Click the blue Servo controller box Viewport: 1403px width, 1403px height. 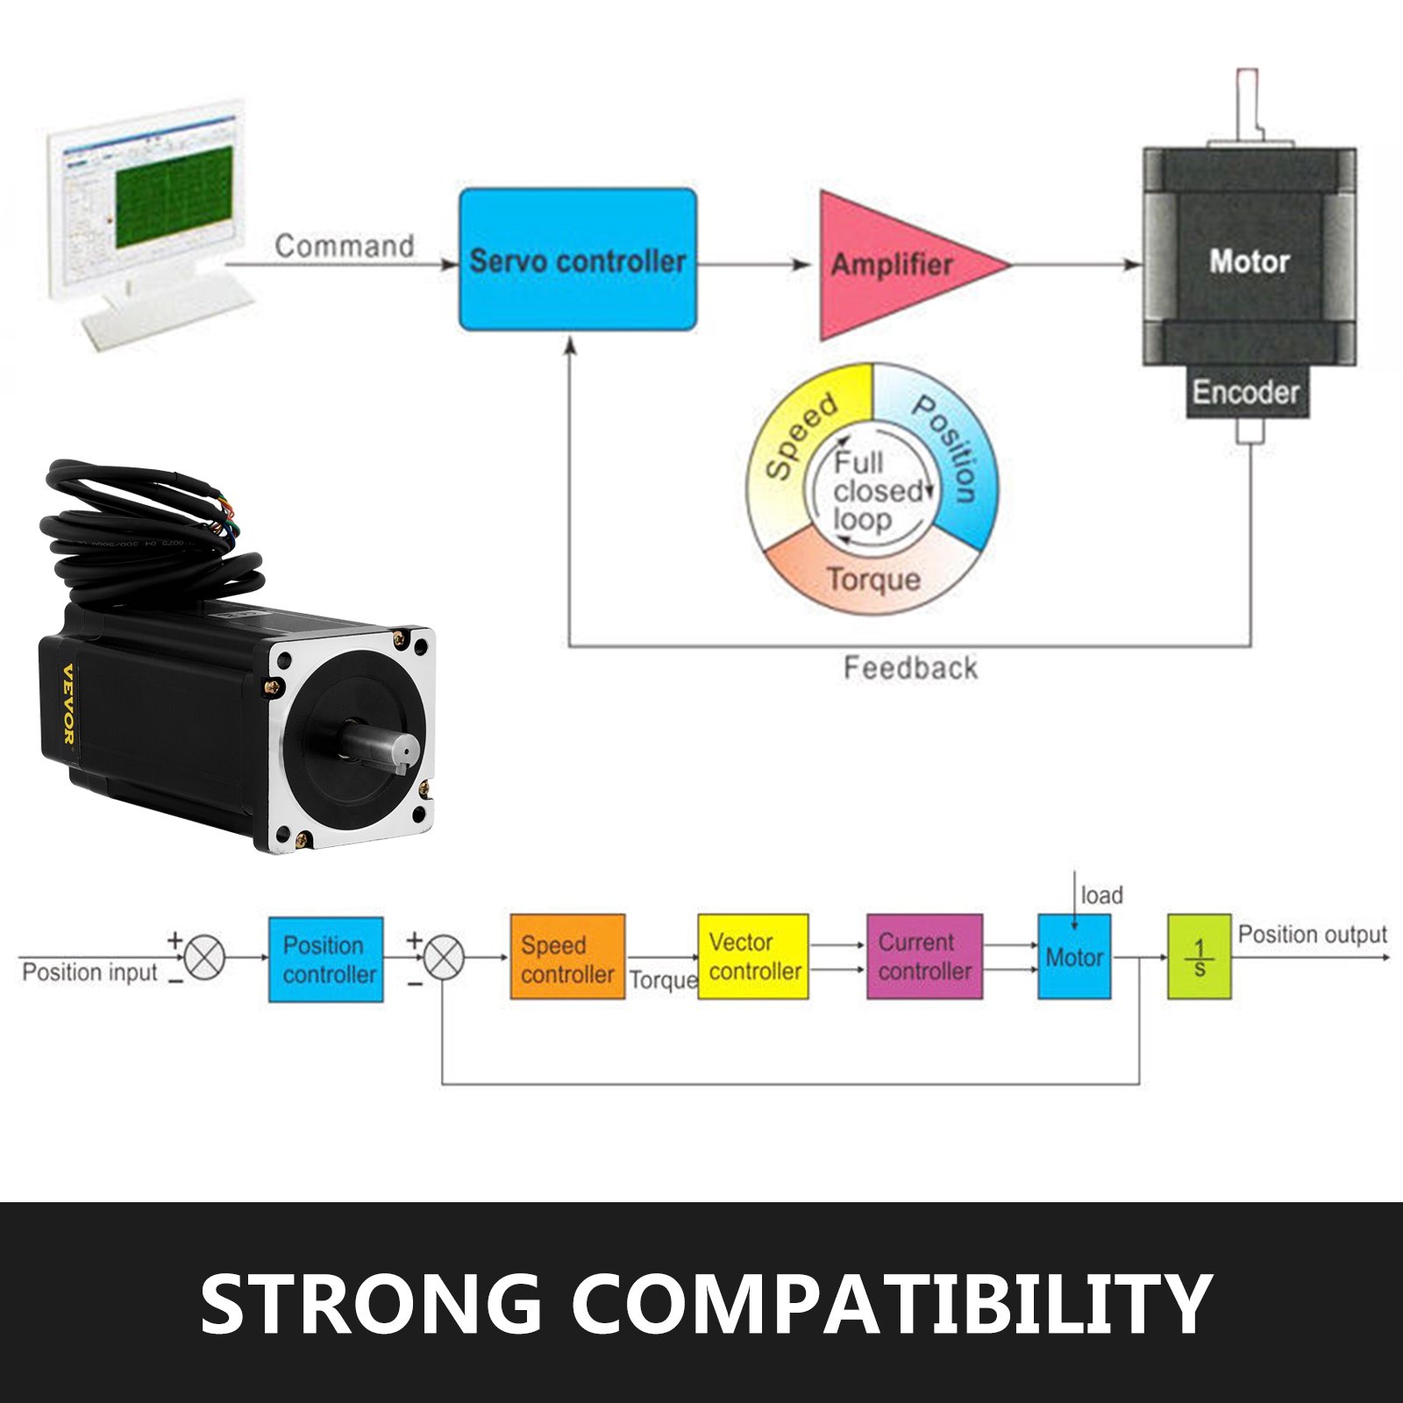pyautogui.click(x=578, y=260)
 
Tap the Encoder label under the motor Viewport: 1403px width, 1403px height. pyautogui.click(x=1245, y=392)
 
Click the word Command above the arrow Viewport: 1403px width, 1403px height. pyautogui.click(x=344, y=246)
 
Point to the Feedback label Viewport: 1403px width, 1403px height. pyautogui.click(x=909, y=668)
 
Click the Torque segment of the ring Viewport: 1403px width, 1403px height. pyautogui.click(x=873, y=580)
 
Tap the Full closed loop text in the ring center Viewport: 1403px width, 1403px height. pyautogui.click(x=872, y=491)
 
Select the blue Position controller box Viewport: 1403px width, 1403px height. pyautogui.click(x=326, y=959)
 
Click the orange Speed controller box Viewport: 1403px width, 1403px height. pyautogui.click(x=567, y=958)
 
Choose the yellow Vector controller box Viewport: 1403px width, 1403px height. pyautogui.click(x=753, y=957)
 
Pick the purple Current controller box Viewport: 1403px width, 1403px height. pyautogui.click(x=924, y=957)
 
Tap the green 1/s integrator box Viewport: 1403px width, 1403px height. pyautogui.click(x=1199, y=957)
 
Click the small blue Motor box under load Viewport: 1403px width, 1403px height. pyautogui.click(x=1074, y=957)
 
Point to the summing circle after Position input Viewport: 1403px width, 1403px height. pyautogui.click(x=205, y=957)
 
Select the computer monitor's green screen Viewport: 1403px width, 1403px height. pyautogui.click(x=174, y=197)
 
